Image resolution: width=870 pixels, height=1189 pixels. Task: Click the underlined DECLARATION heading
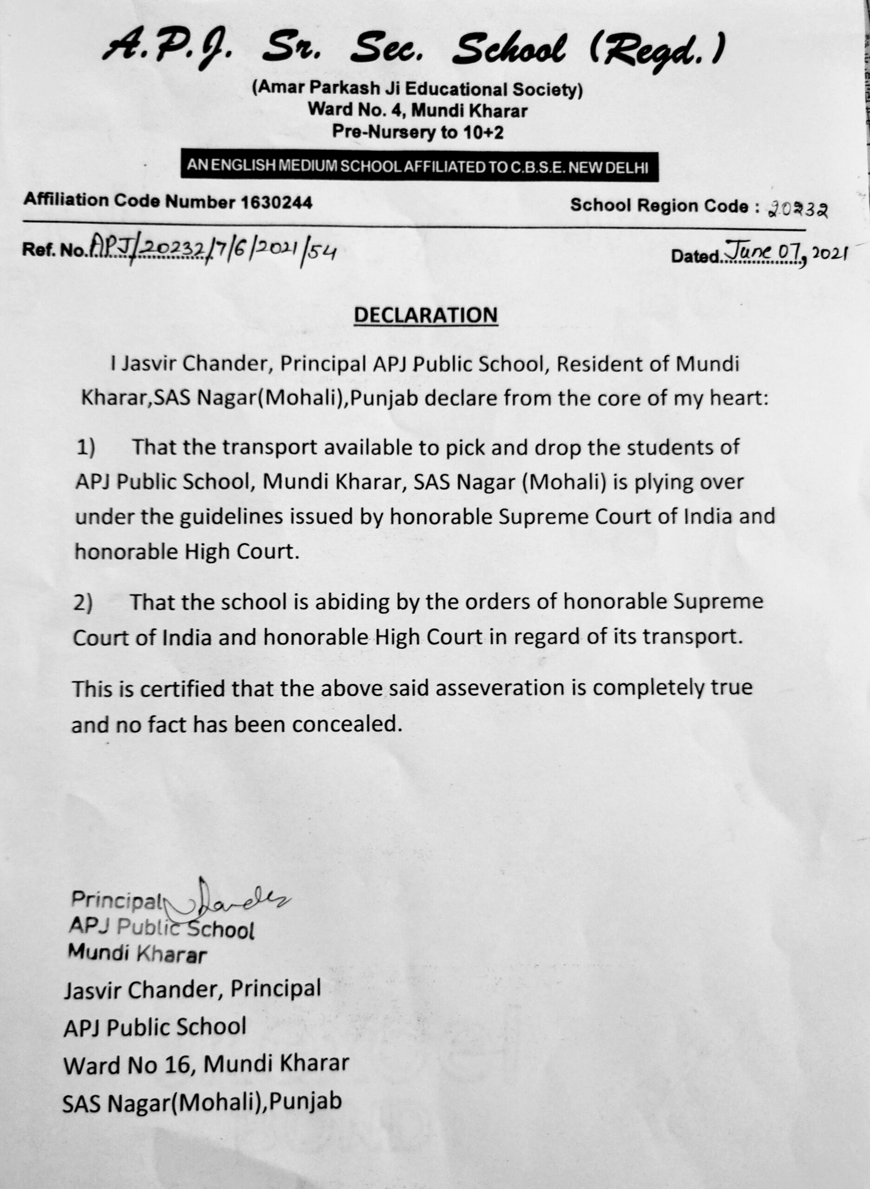click(425, 315)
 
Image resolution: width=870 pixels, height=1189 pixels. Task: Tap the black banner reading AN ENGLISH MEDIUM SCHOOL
click(419, 166)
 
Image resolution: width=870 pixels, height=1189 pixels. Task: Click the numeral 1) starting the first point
click(86, 448)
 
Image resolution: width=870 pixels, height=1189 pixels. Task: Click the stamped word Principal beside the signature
click(118, 900)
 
